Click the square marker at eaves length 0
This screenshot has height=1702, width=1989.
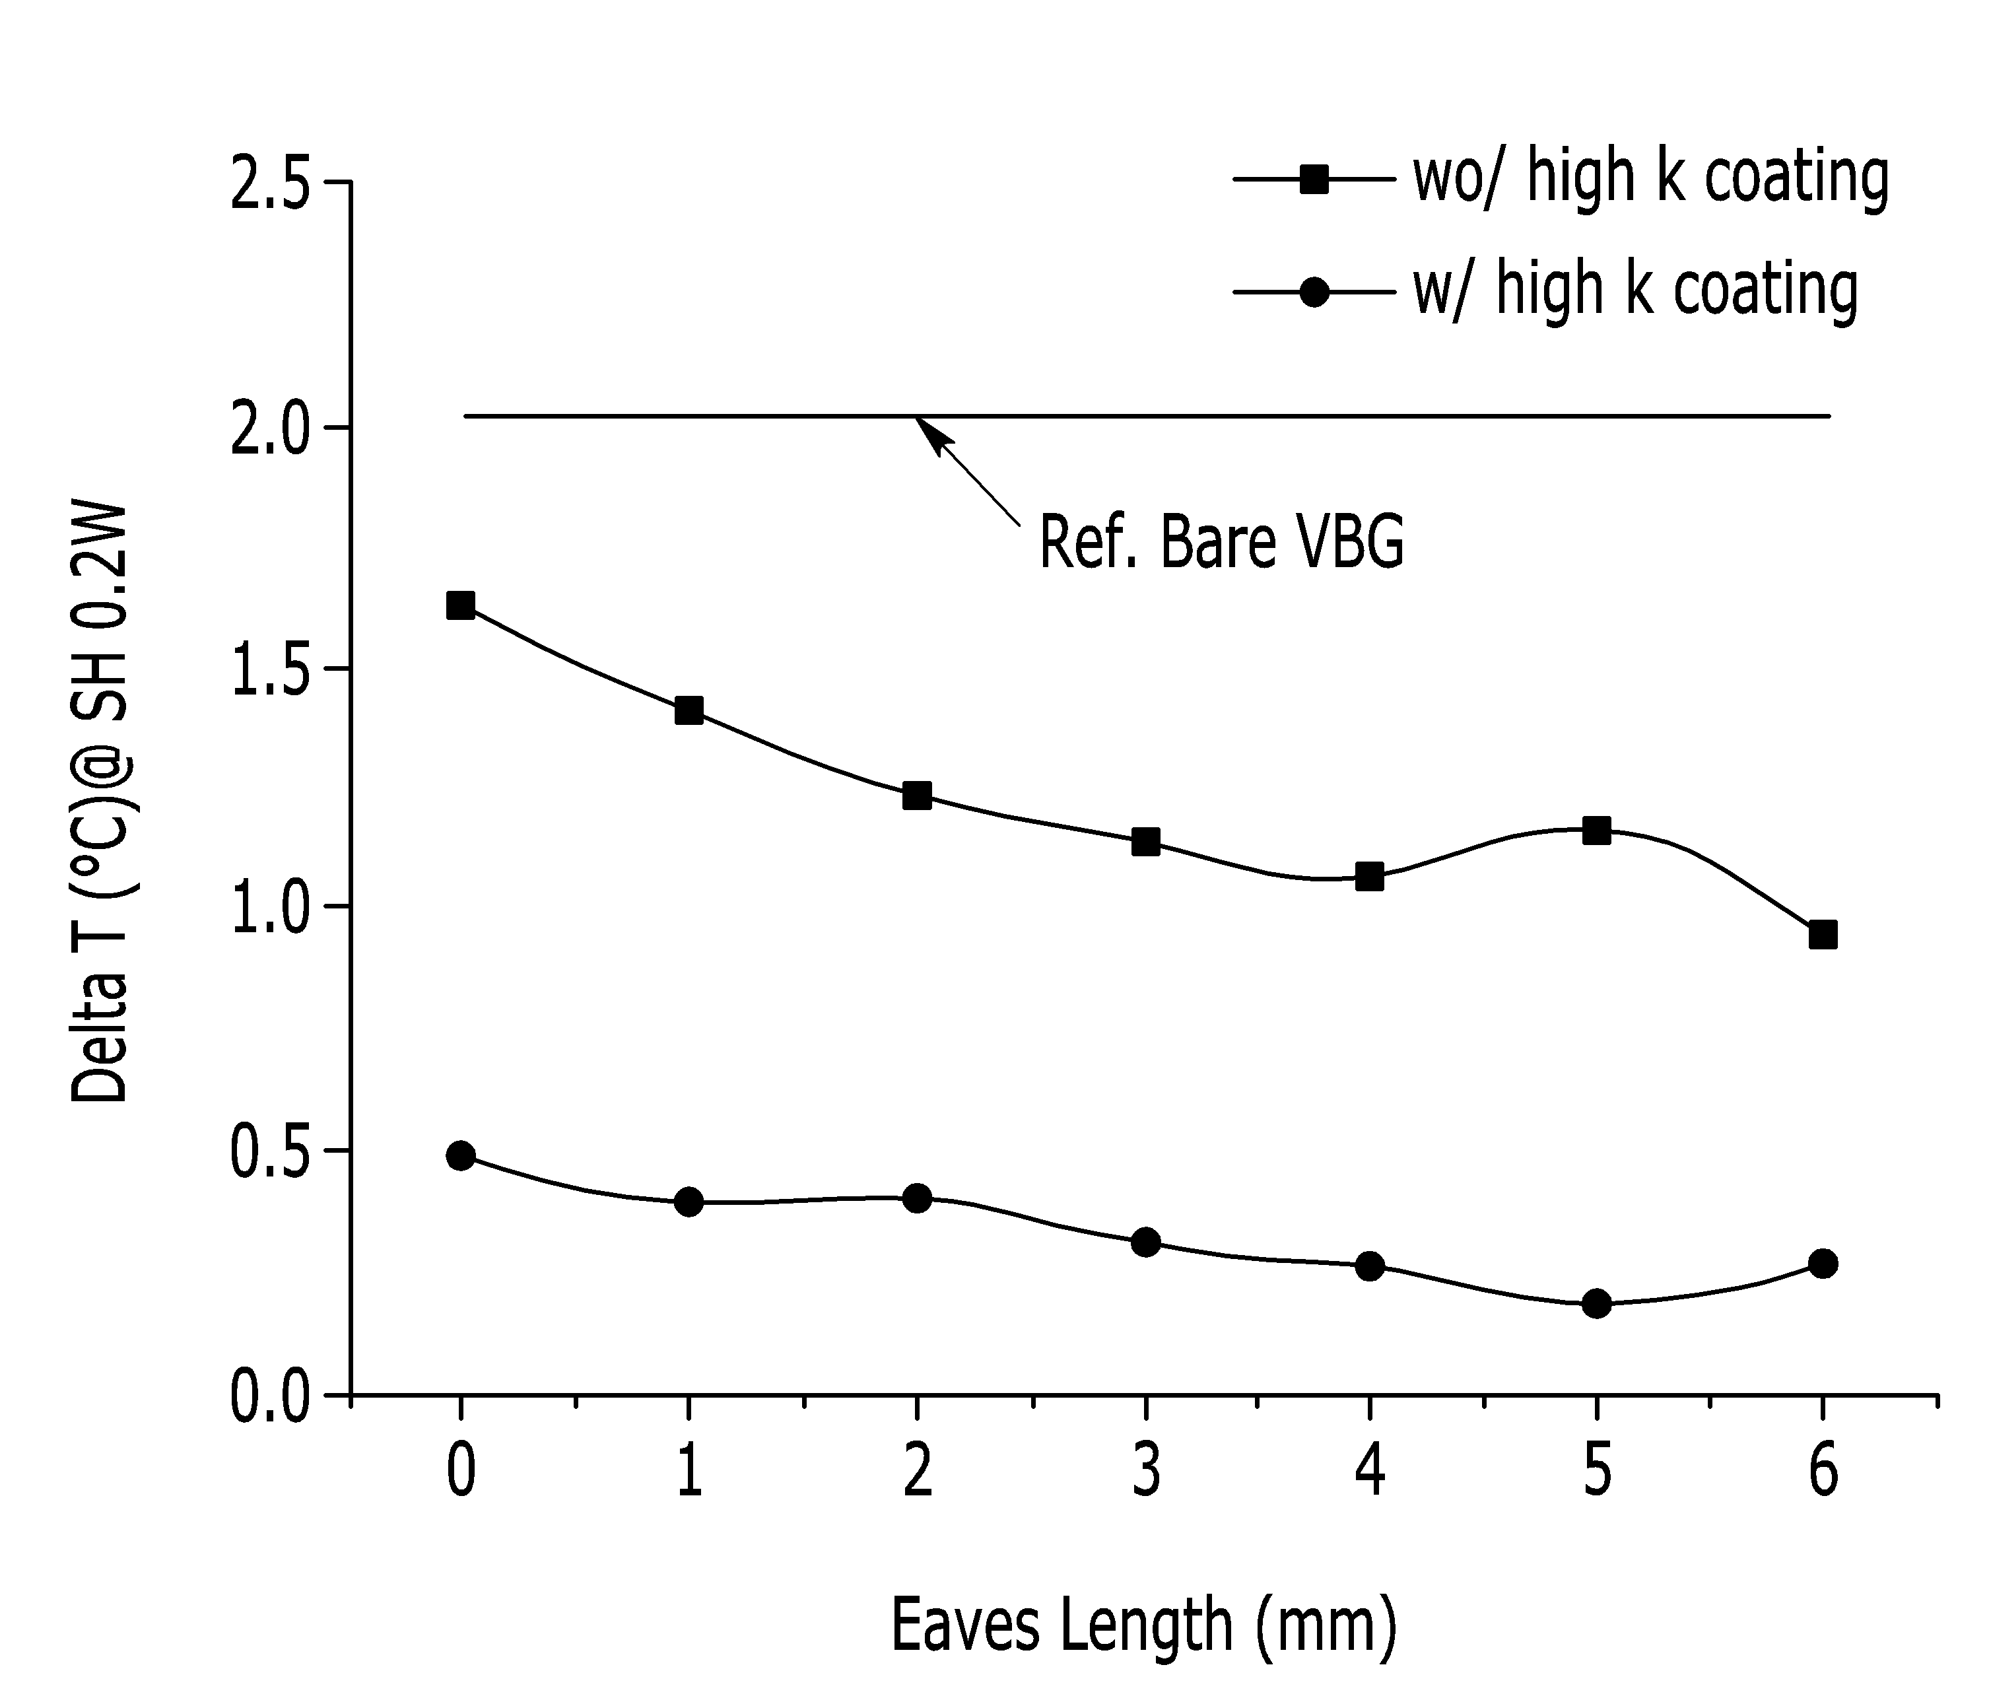461,605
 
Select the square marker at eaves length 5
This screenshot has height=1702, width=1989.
1596,831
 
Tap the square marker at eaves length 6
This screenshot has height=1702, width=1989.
1823,935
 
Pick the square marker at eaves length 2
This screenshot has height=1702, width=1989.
917,795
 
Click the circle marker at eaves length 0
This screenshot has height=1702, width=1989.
461,1155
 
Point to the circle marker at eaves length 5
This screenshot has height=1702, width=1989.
1596,1304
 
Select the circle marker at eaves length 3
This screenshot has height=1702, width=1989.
1145,1243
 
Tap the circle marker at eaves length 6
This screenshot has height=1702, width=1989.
1823,1264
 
